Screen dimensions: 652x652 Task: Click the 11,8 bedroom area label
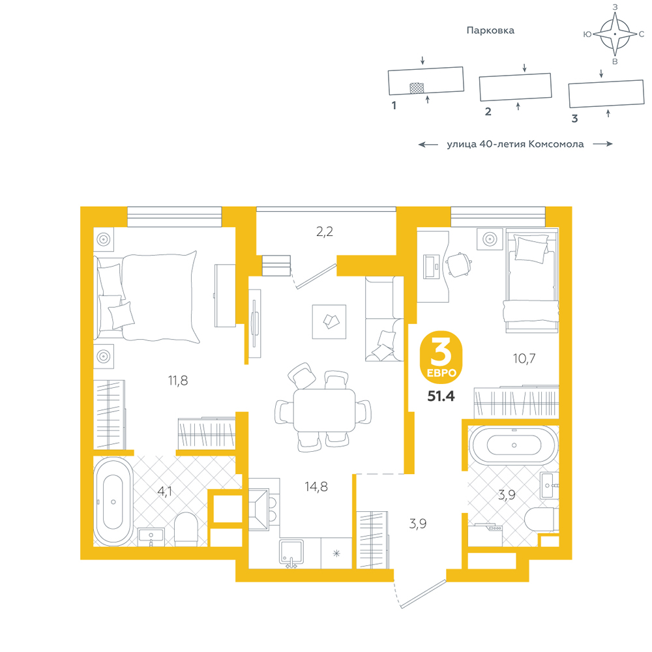[x=178, y=381]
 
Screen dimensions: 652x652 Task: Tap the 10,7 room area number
[x=524, y=358]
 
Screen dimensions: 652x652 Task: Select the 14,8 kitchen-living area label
[x=316, y=486]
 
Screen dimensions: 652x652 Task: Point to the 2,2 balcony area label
[x=324, y=231]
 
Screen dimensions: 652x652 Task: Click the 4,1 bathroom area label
[x=165, y=492]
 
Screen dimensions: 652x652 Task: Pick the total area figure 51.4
[x=441, y=396]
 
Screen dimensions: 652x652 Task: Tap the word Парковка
[x=490, y=31]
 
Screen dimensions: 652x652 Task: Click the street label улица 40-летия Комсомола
[x=515, y=144]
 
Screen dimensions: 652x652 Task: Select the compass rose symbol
[x=615, y=34]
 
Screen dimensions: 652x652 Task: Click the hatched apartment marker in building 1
[x=417, y=88]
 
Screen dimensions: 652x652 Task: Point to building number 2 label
[x=488, y=111]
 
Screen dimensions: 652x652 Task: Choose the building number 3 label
[x=574, y=119]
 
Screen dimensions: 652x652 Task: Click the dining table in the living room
[x=324, y=410]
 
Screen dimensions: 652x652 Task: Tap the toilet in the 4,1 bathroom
[x=185, y=529]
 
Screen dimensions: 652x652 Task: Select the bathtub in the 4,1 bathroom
[x=113, y=501]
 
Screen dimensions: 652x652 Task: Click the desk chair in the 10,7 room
[x=458, y=265]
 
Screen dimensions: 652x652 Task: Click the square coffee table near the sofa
[x=329, y=322]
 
